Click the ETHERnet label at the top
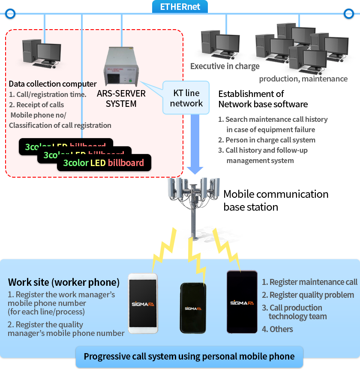pyautogui.click(x=180, y=7)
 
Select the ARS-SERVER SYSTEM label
pyautogui.click(x=120, y=99)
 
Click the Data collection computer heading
pyautogui.click(x=53, y=84)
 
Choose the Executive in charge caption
pyautogui.click(x=225, y=66)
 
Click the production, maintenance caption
pyautogui.click(x=303, y=79)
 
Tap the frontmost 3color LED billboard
pyautogui.click(x=103, y=163)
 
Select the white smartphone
pyautogui.click(x=143, y=302)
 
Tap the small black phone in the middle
pyautogui.click(x=192, y=308)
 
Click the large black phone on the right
pyautogui.click(x=242, y=302)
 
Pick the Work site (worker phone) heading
pyautogui.click(x=63, y=282)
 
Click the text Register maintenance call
pyautogui.click(x=309, y=282)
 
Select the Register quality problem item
pyautogui.click(x=308, y=295)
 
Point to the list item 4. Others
pyautogui.click(x=278, y=329)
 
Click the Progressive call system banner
pyautogui.click(x=189, y=356)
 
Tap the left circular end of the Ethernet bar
pyautogui.click(x=10, y=14)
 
